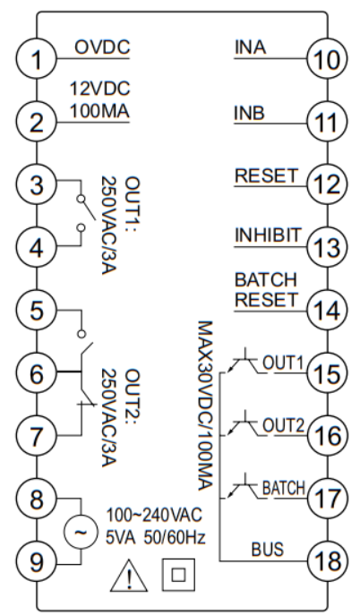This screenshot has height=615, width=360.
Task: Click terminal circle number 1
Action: pos(37,59)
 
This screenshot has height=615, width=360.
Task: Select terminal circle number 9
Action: pos(37,562)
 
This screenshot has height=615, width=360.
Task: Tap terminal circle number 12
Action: pos(327,184)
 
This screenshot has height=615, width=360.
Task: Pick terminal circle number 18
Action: pos(327,561)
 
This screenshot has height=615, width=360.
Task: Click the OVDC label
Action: pos(102,47)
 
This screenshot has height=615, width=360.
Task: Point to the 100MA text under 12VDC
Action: pos(99,111)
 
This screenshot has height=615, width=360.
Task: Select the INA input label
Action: pos(250,47)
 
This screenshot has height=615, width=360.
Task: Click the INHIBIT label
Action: pos(268,235)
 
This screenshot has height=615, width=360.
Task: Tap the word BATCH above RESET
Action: pos(266,280)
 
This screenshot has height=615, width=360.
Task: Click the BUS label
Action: pos(268,550)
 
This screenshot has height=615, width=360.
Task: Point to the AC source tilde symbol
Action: pos(80,533)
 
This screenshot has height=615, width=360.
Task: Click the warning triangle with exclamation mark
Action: pos(129,576)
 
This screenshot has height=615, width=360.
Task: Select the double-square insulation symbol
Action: pos(178,575)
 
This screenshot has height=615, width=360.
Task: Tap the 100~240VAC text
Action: pos(155,515)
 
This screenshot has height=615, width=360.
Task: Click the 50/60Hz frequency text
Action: pos(175,538)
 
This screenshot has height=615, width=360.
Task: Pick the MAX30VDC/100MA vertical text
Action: pos(205,406)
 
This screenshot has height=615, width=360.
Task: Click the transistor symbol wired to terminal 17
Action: pos(244,487)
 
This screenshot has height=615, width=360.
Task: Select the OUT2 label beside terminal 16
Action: pos(283,425)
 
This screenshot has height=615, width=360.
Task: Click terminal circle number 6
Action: pos(37,373)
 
